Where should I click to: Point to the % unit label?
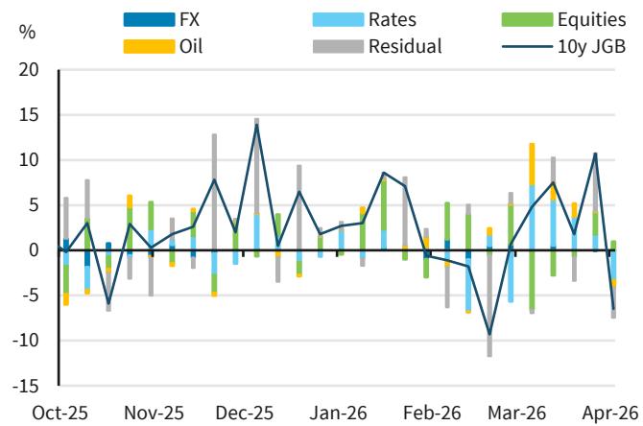click(27, 33)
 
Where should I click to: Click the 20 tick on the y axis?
click(28, 70)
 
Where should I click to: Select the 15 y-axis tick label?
click(28, 115)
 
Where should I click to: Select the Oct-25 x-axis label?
click(60, 412)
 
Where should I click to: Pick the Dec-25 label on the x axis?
click(244, 412)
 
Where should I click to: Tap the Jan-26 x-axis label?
click(338, 412)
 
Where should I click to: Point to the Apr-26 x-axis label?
click(611, 412)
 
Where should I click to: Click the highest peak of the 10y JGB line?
click(256, 125)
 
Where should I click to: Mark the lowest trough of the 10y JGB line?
click(489, 335)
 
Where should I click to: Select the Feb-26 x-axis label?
click(431, 412)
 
